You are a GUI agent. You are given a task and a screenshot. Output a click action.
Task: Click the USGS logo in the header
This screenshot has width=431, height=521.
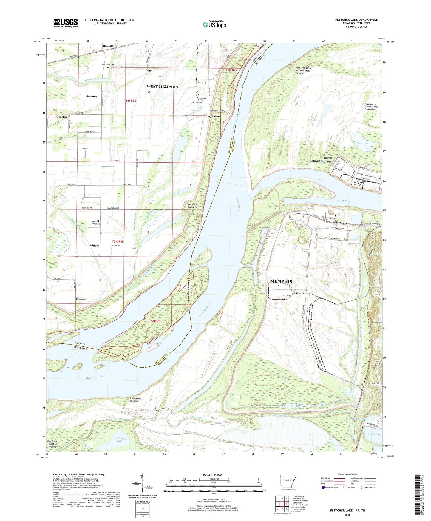[x=66, y=23]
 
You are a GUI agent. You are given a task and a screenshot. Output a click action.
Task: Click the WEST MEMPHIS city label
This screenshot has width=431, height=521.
[x=162, y=87]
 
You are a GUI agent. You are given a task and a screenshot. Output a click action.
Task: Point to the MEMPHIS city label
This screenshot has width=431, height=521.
[x=281, y=281]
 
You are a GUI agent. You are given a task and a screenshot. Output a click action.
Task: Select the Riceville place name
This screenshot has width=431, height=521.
[x=109, y=46]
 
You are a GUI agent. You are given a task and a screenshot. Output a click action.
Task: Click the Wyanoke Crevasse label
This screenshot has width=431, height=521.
[x=192, y=206]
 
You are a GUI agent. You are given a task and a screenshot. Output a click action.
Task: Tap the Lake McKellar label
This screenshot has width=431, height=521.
[x=344, y=201]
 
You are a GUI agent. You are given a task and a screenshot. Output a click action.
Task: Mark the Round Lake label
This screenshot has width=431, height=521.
[x=363, y=143]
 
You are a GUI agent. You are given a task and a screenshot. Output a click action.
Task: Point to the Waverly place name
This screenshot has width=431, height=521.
[x=81, y=300]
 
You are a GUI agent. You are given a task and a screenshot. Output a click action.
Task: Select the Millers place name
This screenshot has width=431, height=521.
[x=94, y=246]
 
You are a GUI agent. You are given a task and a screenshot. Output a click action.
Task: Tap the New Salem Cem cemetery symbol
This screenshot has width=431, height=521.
[x=108, y=67]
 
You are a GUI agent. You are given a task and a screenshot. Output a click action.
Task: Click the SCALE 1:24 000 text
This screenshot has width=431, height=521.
[x=212, y=475]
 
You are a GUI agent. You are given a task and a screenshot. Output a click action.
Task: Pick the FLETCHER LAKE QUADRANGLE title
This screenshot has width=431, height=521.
[x=356, y=20]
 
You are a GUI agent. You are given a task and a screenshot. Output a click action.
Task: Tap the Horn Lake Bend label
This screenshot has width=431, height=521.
[x=159, y=410]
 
